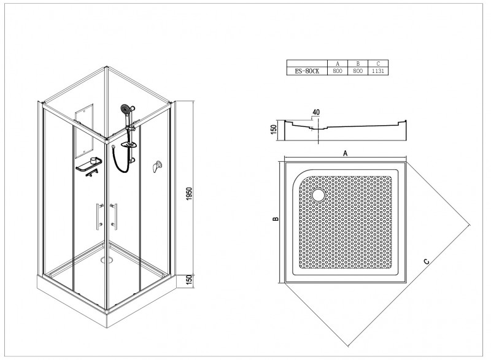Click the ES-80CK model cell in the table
click(307, 71)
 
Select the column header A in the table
click(337, 63)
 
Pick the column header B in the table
click(357, 63)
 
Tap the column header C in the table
click(379, 63)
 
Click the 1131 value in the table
click(379, 71)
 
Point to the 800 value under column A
click(337, 71)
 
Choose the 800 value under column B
click(357, 71)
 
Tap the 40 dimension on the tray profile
click(316, 112)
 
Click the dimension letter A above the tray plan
click(346, 154)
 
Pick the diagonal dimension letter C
click(426, 262)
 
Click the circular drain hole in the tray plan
click(319, 195)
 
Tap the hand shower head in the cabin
click(126, 110)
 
